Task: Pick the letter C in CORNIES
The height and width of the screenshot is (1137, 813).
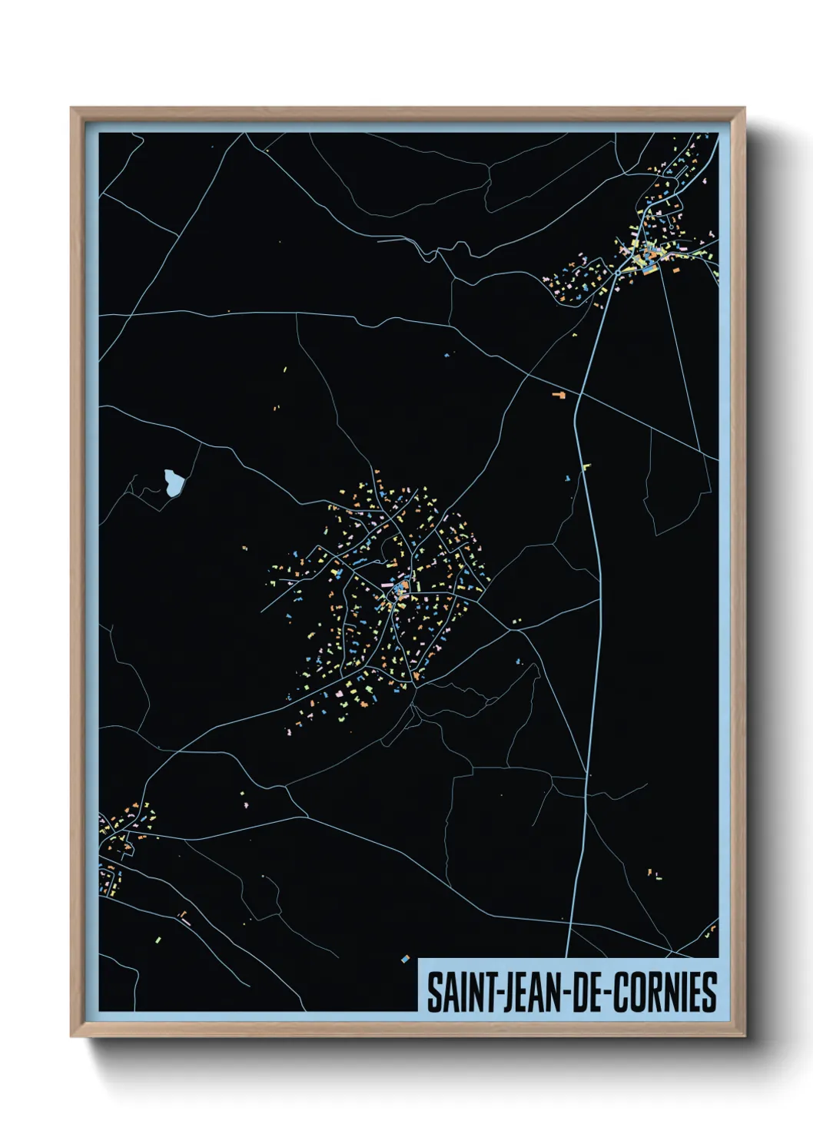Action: click(x=615, y=992)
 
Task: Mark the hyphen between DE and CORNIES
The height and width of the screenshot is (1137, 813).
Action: click(x=604, y=993)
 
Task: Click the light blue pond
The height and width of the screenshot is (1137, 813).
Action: click(x=174, y=482)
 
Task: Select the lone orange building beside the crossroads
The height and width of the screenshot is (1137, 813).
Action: click(x=559, y=394)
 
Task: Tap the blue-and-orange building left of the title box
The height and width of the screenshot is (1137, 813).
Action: click(x=406, y=958)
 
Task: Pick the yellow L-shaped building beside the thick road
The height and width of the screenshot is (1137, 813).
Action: click(x=586, y=466)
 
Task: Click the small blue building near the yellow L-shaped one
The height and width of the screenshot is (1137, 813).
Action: click(x=568, y=479)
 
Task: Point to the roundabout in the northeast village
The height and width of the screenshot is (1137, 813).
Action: click(x=617, y=271)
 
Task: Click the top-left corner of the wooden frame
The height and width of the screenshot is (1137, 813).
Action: click(x=71, y=109)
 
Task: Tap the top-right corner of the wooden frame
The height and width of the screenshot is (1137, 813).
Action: click(x=744, y=109)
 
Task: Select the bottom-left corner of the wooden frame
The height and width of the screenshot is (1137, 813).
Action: click(x=71, y=1036)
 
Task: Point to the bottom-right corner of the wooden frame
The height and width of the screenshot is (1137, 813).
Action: click(x=744, y=1036)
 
